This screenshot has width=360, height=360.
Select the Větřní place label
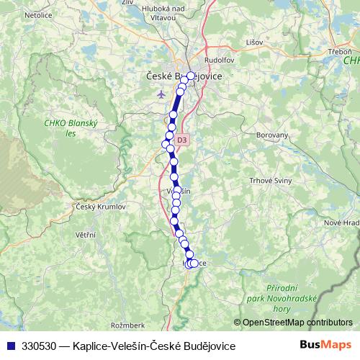[86, 234]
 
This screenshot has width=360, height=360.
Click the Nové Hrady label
[343, 223]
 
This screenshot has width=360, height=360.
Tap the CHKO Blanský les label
[65, 127]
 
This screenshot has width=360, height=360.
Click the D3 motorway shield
[181, 140]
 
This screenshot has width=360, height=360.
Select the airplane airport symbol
[160, 94]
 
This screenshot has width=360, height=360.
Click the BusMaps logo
[325, 346]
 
